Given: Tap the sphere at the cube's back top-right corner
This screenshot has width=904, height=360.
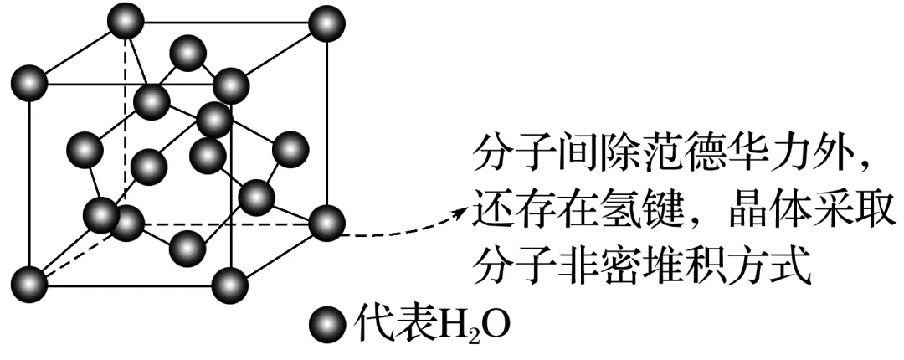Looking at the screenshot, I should click(x=325, y=23).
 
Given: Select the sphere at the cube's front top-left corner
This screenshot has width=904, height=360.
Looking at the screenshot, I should click(x=30, y=84).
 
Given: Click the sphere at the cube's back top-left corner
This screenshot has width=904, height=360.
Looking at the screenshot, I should click(x=126, y=18).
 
